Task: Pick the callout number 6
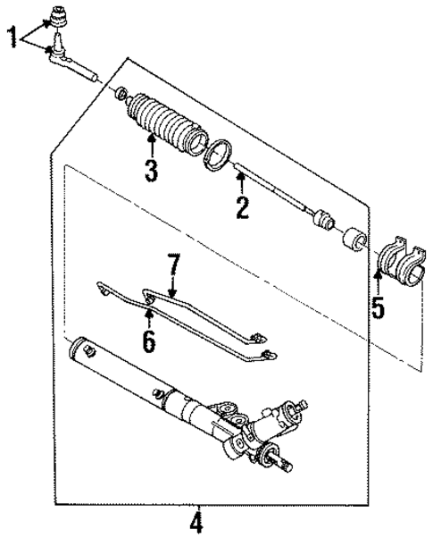(x=148, y=340)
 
